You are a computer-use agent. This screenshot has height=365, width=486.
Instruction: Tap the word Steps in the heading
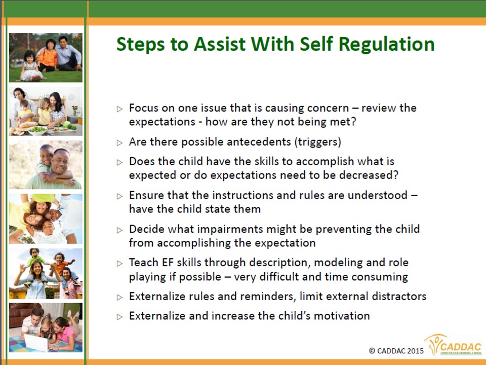click(140, 45)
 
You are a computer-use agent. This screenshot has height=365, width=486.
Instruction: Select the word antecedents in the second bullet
click(236, 142)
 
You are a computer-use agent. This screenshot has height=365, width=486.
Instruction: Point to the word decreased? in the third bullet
click(369, 175)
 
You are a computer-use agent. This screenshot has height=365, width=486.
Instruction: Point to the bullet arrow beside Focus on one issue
click(119, 109)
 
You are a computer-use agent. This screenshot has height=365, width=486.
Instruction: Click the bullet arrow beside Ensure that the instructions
click(119, 196)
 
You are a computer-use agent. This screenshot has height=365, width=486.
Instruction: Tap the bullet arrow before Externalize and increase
click(119, 317)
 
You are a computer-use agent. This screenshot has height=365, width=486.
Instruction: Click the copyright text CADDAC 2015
click(396, 351)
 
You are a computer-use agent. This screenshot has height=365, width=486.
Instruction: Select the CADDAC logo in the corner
click(454, 345)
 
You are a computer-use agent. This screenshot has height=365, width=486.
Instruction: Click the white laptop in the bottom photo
click(36, 342)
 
